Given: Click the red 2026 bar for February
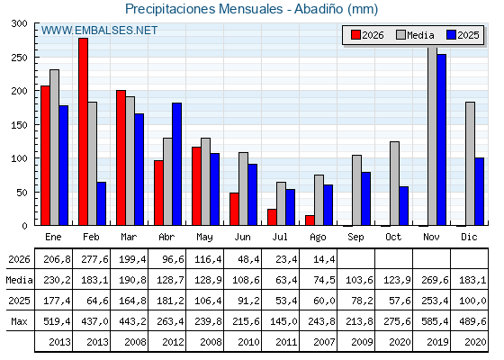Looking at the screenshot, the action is coord(83,131).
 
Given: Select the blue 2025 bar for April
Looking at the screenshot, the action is coord(176,164).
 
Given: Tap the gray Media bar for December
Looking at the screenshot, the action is coord(470,164).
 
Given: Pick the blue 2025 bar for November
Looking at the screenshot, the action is coord(441,139).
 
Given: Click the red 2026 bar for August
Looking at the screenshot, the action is coord(310,220).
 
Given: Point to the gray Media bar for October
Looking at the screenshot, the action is coord(394,184).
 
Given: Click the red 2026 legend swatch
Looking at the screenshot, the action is coord(355,35).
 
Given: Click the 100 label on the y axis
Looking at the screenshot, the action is coord(19,158).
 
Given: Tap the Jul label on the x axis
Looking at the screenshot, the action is coord(280,237).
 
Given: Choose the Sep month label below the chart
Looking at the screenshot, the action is coord(355,237).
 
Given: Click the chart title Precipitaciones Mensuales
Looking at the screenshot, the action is coord(203,9).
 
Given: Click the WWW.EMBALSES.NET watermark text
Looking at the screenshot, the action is coord(99,31).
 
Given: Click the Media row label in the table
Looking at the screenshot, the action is coord(19,280).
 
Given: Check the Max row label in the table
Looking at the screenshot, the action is coord(19,321).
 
